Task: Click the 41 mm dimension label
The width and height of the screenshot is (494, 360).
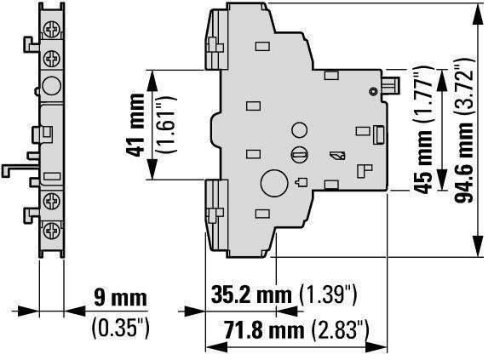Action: [135, 125]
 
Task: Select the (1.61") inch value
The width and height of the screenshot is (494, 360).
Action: [166, 125]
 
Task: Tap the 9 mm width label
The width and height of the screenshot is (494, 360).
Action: [120, 297]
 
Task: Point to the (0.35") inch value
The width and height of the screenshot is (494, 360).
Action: [120, 328]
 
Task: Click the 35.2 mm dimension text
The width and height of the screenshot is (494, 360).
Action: [251, 294]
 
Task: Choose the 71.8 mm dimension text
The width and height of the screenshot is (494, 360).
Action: [264, 330]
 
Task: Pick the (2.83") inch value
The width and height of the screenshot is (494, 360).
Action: [340, 330]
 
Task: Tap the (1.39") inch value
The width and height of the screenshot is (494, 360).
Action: [328, 295]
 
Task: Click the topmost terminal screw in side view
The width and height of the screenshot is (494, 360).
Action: [52, 30]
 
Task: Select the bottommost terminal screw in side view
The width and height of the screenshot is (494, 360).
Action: [52, 231]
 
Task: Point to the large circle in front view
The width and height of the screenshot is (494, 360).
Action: [274, 184]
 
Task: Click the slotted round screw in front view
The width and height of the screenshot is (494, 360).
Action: [299, 154]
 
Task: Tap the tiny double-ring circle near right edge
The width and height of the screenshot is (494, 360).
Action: [373, 92]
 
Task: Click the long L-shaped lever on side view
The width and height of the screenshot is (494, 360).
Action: [19, 167]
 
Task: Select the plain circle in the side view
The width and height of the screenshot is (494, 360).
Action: [52, 86]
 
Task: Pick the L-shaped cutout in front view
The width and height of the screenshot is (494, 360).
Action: [365, 170]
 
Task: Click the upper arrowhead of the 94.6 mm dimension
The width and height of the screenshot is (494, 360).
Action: [479, 14]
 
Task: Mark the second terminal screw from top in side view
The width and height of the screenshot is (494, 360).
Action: [52, 58]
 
